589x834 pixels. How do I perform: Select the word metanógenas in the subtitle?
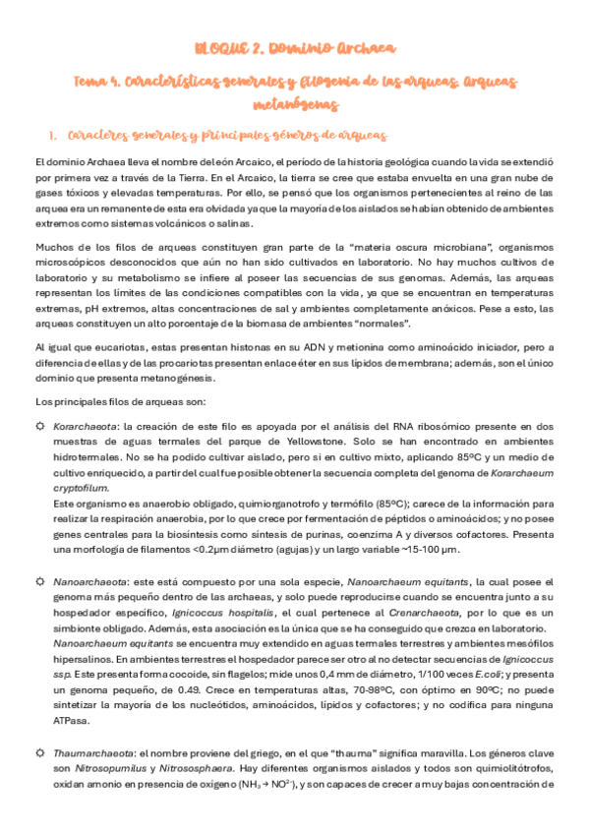[x=294, y=103]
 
